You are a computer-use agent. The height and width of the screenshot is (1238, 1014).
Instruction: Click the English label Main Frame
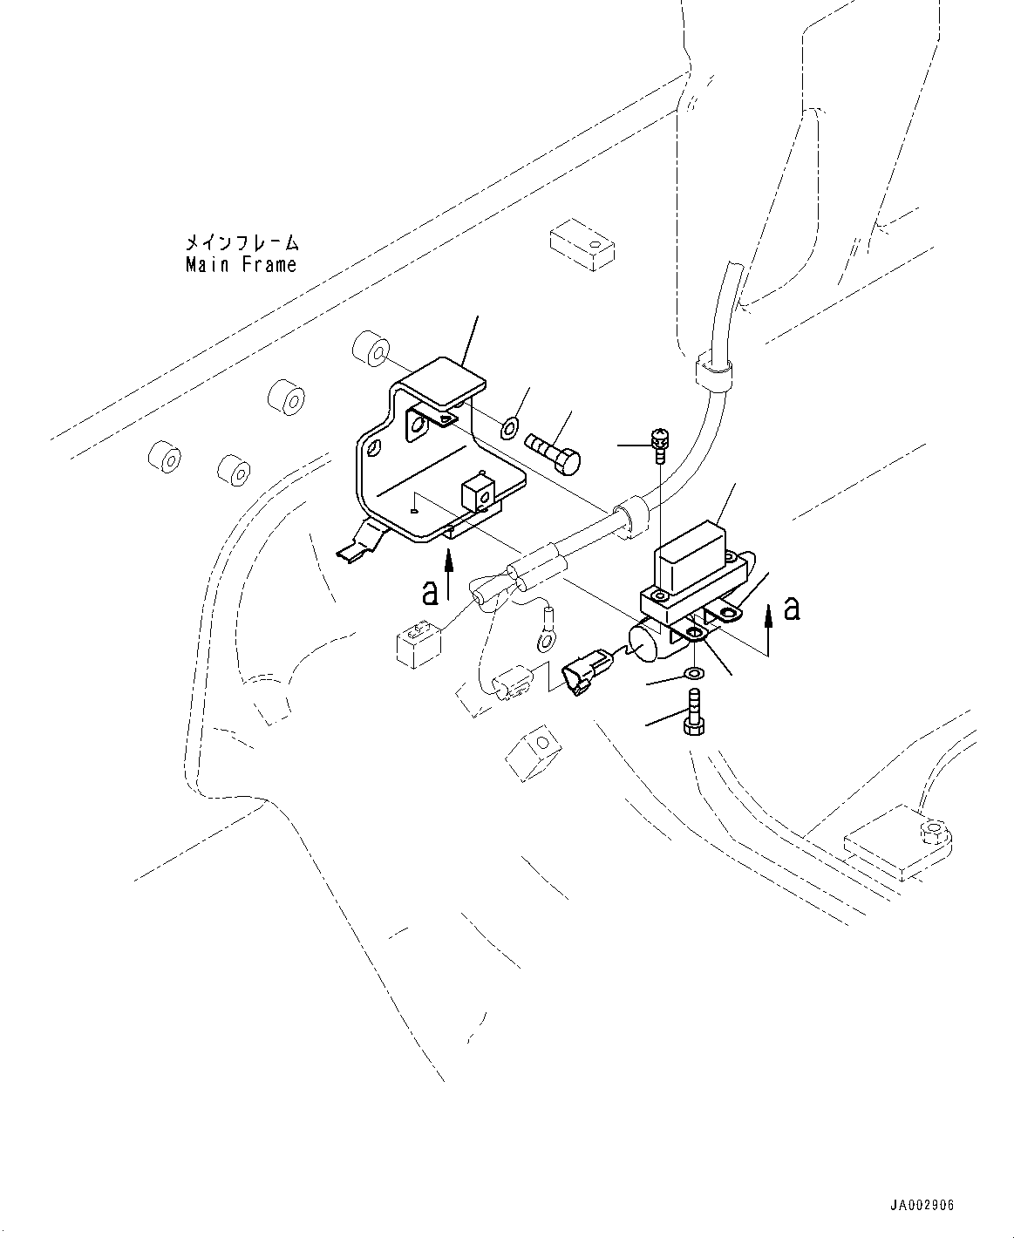pyautogui.click(x=241, y=264)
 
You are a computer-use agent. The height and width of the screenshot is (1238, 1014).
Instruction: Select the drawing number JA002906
pyautogui.click(x=922, y=1206)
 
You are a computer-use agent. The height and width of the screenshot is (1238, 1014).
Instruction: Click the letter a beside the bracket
pyautogui.click(x=429, y=593)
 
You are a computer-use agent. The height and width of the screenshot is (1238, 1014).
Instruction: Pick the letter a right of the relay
pyautogui.click(x=792, y=608)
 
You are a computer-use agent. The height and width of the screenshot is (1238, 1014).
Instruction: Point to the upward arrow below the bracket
pyautogui.click(x=449, y=578)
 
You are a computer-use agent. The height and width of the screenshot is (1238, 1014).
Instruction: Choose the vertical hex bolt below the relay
pyautogui.click(x=694, y=713)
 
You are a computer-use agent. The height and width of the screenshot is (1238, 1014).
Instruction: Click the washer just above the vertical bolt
pyautogui.click(x=694, y=674)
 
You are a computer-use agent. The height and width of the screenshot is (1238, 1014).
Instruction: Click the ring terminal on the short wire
pyautogui.click(x=545, y=641)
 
